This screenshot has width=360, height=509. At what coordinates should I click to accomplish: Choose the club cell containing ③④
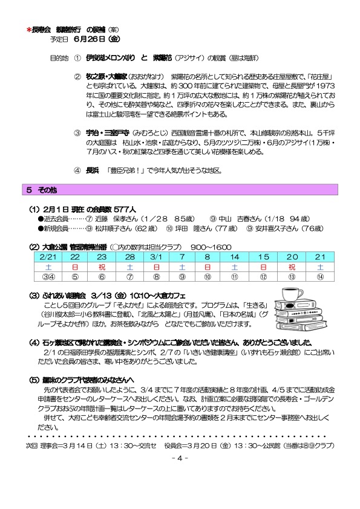(x=47, y=277)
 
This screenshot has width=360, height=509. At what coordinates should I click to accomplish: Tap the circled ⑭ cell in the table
(x=319, y=277)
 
